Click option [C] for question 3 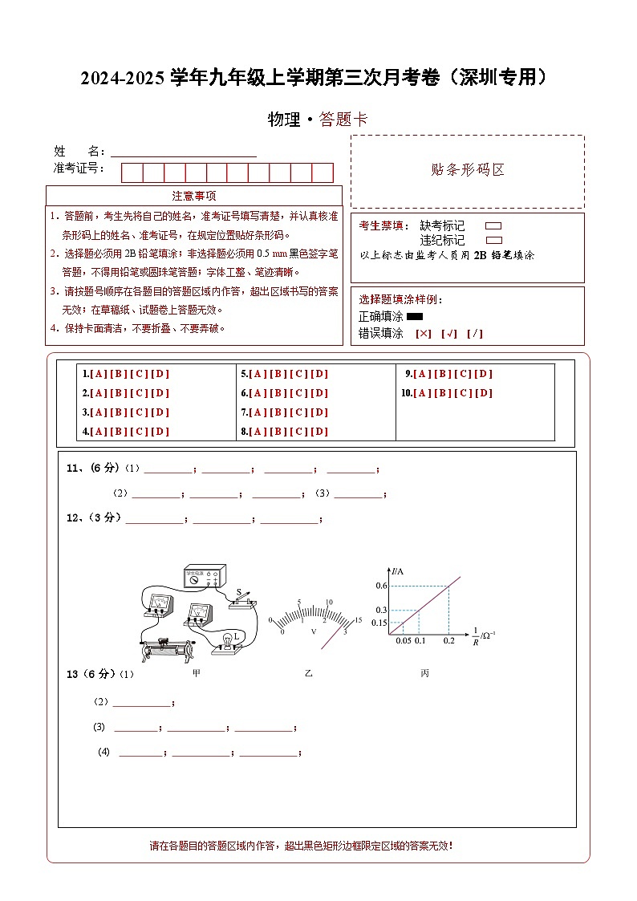click(x=140, y=412)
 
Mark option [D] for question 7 click(x=319, y=412)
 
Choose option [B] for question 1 click(x=120, y=374)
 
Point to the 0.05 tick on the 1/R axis click(x=404, y=640)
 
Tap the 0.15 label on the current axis click(x=379, y=623)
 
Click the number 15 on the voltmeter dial click(x=358, y=620)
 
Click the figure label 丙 click(x=424, y=673)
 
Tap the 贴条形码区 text click(x=467, y=170)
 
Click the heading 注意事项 click(x=193, y=196)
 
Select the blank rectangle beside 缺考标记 click(x=494, y=226)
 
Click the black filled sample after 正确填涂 click(x=415, y=317)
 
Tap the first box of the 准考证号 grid click(x=132, y=172)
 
